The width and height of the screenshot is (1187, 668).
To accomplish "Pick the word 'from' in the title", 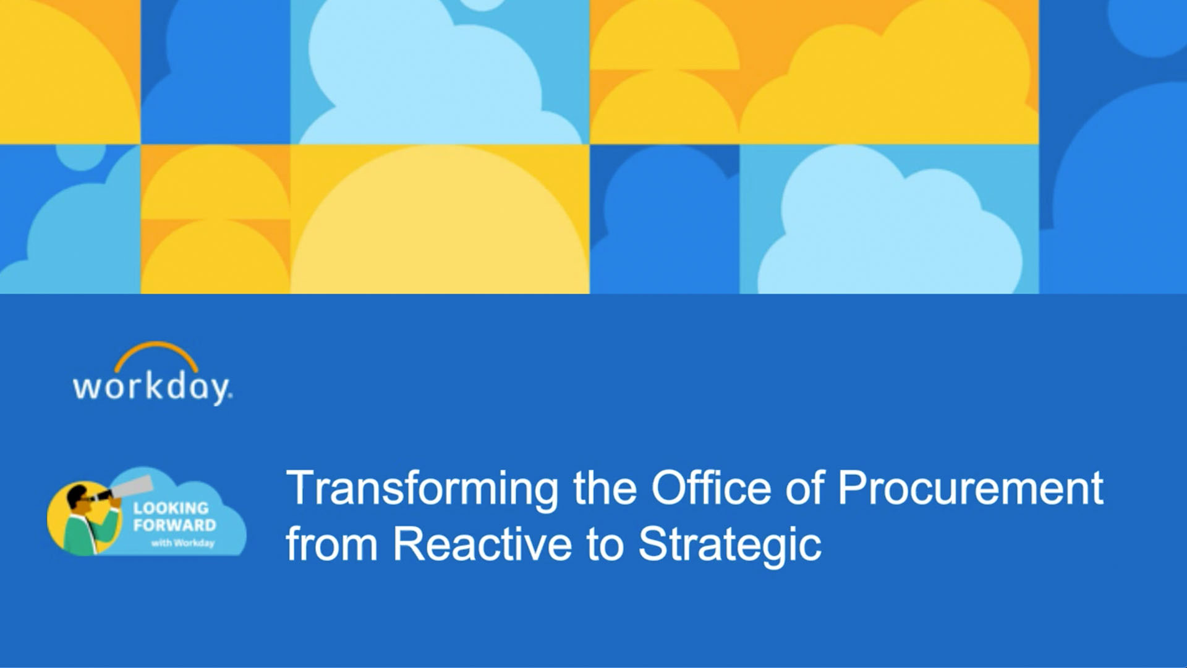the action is [332, 544].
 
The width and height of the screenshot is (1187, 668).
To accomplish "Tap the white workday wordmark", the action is [152, 388].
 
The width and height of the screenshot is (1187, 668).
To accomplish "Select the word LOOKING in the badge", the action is [171, 508].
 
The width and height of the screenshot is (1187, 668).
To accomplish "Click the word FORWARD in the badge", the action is [175, 526].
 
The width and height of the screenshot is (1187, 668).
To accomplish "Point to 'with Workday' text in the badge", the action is [183, 543].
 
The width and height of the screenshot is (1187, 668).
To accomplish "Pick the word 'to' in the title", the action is [605, 545].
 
